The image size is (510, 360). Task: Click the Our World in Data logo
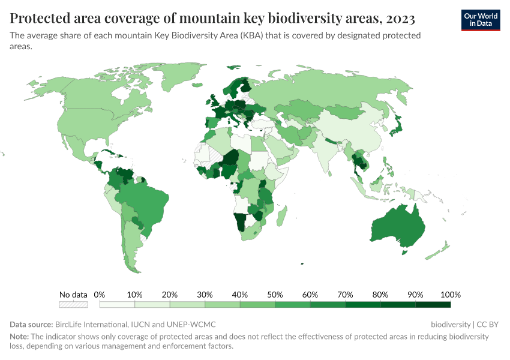click(480, 20)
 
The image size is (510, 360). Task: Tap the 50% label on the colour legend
click(275, 295)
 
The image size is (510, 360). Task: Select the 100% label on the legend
click(450, 295)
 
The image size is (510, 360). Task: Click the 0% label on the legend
click(100, 295)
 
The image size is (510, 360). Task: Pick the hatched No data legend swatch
click(73, 305)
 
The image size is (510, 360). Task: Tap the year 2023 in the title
click(396, 19)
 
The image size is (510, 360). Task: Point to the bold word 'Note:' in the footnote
click(21, 337)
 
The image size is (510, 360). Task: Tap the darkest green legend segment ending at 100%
click(433, 305)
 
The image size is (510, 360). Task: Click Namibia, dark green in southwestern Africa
click(241, 223)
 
